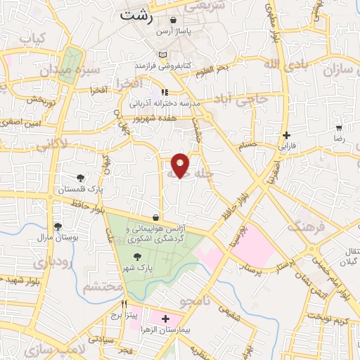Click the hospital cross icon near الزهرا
click(165, 319)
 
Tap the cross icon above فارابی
click(285, 135)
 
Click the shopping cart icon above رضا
click(339, 129)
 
